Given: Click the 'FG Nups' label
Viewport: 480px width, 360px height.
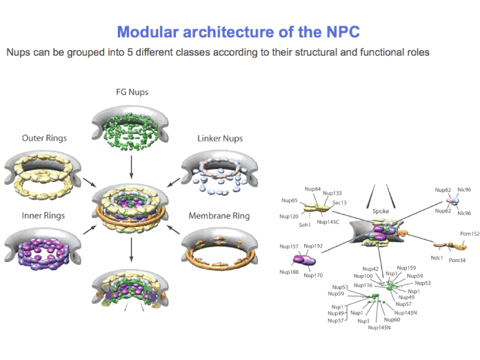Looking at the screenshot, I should pos(132,92).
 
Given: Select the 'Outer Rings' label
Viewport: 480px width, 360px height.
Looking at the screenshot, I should pos(44,138).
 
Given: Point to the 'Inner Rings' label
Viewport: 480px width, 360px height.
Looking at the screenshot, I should pos(43,216).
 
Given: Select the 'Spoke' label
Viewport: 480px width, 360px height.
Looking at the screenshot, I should pos(381,211).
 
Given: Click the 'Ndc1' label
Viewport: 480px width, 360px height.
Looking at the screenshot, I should pos(436,257).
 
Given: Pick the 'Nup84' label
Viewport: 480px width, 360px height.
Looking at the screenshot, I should pos(312,188).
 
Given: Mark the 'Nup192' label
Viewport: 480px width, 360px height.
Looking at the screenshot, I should pos(313,246).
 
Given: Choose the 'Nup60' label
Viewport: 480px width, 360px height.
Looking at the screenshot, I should pos(392,319).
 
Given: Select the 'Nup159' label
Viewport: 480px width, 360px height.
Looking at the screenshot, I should pos(408,268).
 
